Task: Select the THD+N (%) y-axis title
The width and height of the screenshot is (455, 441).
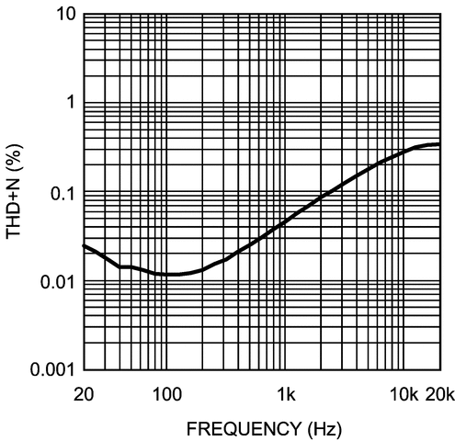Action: (x=17, y=192)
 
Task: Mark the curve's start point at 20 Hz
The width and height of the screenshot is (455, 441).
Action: (x=84, y=245)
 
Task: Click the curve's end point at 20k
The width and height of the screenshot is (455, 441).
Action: (x=439, y=144)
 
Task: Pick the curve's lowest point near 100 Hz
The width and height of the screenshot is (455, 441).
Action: (x=170, y=274)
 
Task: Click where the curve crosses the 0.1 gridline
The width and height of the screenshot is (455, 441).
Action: (x=336, y=193)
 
